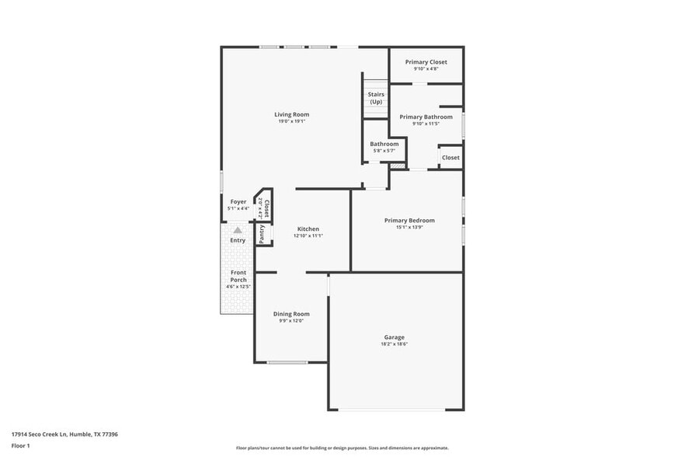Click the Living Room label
[292, 114]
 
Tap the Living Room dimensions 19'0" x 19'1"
[292, 121]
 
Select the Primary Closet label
[426, 61]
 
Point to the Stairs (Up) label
[376, 98]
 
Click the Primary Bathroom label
[426, 117]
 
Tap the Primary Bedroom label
[409, 220]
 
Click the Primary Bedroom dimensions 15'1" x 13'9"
[409, 227]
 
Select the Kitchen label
[308, 228]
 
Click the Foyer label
[238, 201]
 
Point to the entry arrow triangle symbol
[238, 230]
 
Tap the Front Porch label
[238, 276]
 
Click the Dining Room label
[291, 313]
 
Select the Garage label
[394, 337]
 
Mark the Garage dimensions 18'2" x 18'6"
[394, 344]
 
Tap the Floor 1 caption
[20, 445]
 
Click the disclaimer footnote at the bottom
[342, 448]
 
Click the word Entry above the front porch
[238, 240]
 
